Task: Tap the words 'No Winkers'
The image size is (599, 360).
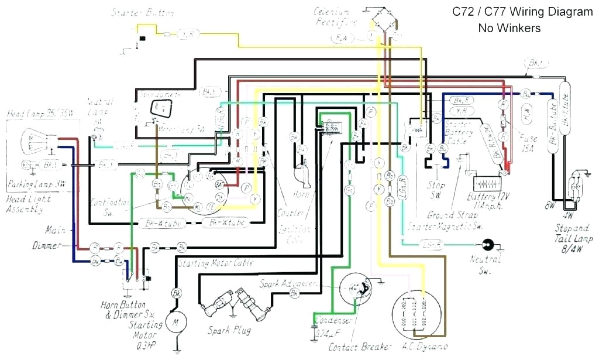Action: (509, 28)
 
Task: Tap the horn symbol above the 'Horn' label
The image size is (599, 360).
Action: (301, 173)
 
